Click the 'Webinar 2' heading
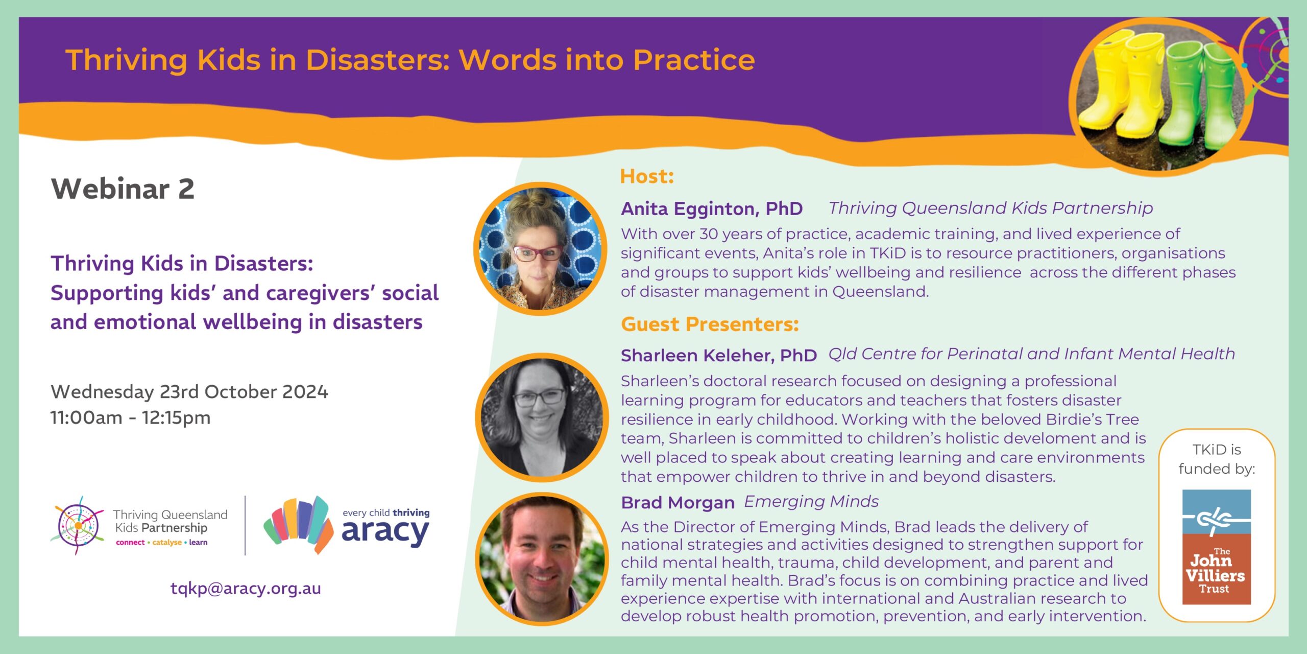[x=123, y=189]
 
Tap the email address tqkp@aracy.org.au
[x=246, y=589]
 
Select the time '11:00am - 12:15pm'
[x=130, y=418]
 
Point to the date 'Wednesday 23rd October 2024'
[x=189, y=392]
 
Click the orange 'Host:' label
[x=647, y=176]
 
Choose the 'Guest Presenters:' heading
[x=710, y=324]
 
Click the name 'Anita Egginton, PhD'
[x=712, y=208]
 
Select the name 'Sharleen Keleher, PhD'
[x=719, y=355]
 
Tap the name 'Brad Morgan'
[x=677, y=503]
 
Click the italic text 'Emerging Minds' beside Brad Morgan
[x=811, y=501]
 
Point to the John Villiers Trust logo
[x=1217, y=547]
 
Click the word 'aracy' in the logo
[x=385, y=532]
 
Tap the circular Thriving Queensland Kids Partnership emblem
[x=78, y=525]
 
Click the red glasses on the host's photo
[x=537, y=253]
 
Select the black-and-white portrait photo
[x=542, y=417]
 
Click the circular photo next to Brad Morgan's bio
[x=542, y=559]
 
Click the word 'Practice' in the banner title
[x=694, y=60]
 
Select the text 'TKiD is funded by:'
[x=1217, y=459]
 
